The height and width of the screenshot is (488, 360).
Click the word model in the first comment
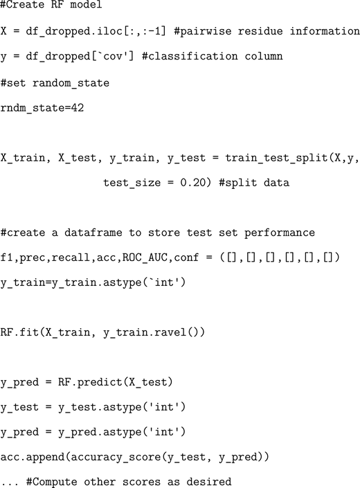[x=85, y=4]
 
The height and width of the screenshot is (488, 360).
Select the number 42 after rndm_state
[x=77, y=108]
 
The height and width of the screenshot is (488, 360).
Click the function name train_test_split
[x=276, y=158]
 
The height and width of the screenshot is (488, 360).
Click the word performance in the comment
[x=280, y=233]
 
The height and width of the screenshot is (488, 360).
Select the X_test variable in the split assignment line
[x=78, y=158]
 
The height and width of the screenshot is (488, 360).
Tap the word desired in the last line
[x=209, y=482]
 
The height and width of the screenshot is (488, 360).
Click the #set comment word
[x=13, y=83]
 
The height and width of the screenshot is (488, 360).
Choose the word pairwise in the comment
[x=203, y=31]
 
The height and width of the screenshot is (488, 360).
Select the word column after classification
[x=264, y=56]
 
